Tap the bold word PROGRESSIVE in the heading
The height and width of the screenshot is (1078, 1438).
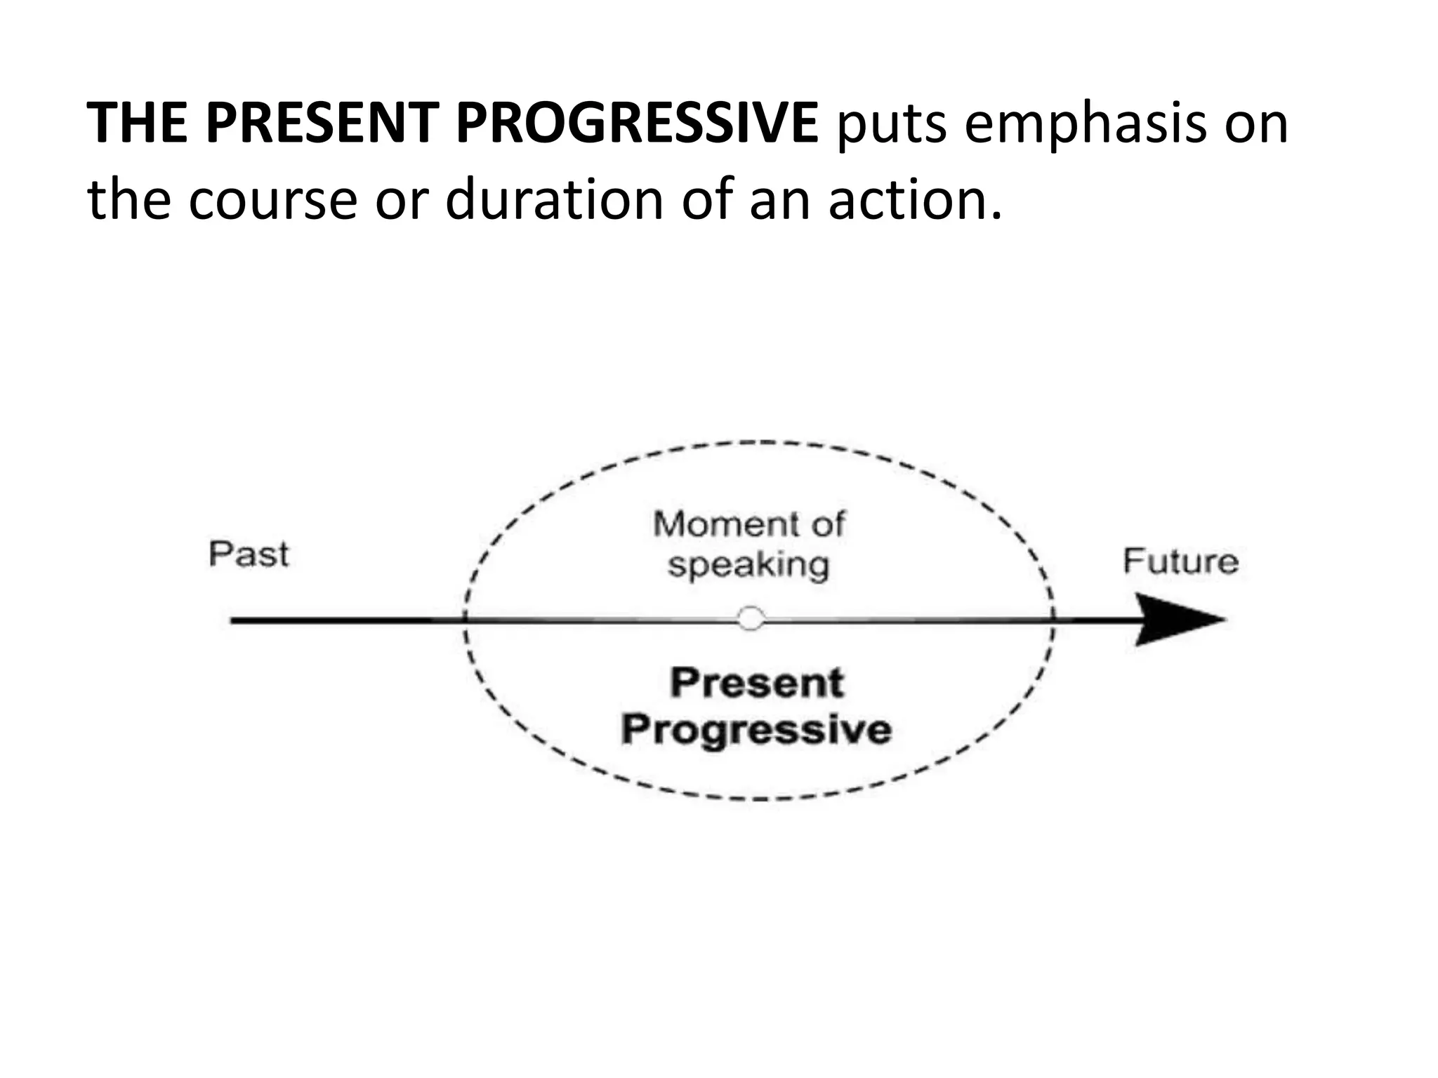pyautogui.click(x=636, y=124)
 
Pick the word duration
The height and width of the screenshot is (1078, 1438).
pyautogui.click(x=555, y=199)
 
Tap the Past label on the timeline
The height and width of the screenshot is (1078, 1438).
pyautogui.click(x=249, y=554)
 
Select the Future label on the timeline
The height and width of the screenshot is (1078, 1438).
pyautogui.click(x=1180, y=561)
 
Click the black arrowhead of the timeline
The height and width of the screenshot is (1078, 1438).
pyautogui.click(x=1180, y=620)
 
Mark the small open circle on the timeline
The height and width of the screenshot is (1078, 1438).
pyautogui.click(x=751, y=619)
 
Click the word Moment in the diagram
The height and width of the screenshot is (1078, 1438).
pyautogui.click(x=715, y=524)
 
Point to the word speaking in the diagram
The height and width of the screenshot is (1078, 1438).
pyautogui.click(x=748, y=565)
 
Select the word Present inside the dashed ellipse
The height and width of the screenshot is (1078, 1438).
pyautogui.click(x=757, y=683)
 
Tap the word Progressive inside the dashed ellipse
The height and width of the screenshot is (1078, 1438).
pyautogui.click(x=756, y=730)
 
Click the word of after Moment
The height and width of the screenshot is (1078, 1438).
pyautogui.click(x=826, y=524)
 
